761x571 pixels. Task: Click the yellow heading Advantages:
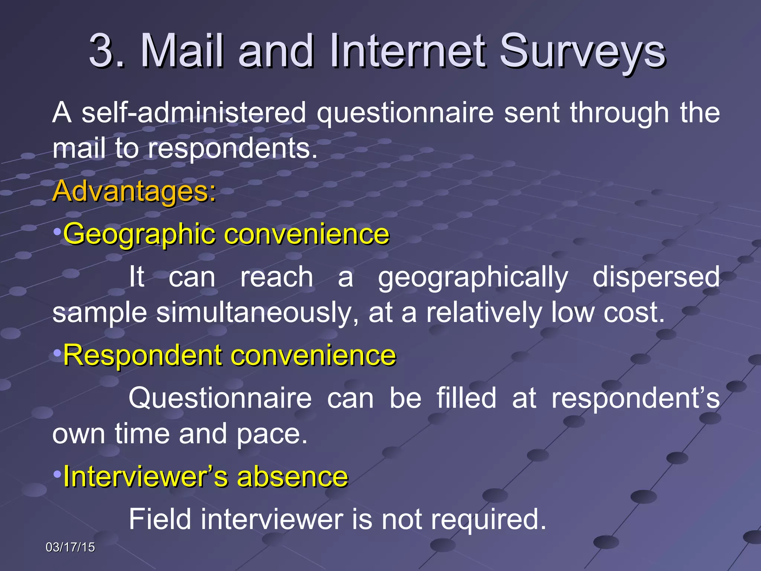tap(134, 191)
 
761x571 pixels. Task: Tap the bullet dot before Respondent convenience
tap(57, 352)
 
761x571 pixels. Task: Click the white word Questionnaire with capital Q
tap(220, 398)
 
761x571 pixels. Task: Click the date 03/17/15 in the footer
tap(70, 547)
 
